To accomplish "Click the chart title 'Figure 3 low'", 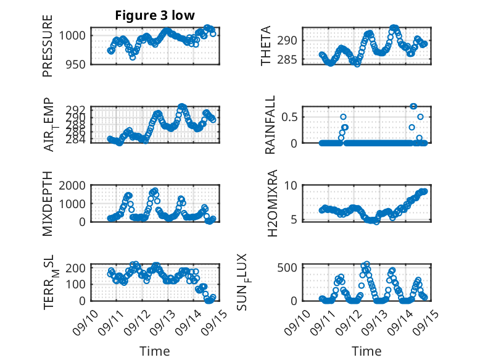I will (155, 16).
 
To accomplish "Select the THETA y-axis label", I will (266, 46).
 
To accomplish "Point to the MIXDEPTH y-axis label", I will (48, 204).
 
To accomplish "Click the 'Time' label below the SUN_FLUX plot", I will (366, 351).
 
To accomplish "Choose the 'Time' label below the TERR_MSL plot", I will (155, 351).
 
